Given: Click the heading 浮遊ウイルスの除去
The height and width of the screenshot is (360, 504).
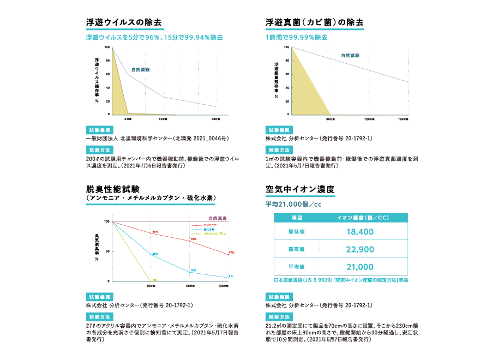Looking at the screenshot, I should [x=124, y=22].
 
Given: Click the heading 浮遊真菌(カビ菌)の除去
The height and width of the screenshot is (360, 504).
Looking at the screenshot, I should [x=314, y=22].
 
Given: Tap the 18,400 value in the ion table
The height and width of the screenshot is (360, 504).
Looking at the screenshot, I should [x=359, y=232].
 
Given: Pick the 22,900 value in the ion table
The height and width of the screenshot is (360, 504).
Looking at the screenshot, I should [x=359, y=249].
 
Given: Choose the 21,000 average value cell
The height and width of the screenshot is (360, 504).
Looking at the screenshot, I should [x=359, y=267].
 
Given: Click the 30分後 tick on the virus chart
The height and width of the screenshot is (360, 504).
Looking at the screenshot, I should [x=216, y=118].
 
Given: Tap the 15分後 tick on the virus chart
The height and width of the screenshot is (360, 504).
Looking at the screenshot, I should [x=163, y=118].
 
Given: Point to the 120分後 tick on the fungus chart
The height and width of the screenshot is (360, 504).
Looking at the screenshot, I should [x=369, y=118].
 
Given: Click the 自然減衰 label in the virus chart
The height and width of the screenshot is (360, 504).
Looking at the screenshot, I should [x=141, y=70].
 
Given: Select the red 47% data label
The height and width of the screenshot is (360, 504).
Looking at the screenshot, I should [x=231, y=253].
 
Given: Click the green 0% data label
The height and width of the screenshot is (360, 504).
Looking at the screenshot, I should [x=155, y=280].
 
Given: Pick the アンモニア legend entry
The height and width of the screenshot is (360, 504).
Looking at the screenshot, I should [x=210, y=225].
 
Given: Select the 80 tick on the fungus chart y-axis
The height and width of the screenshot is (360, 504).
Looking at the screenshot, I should [x=287, y=61].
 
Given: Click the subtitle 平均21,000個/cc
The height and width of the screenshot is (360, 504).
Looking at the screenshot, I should [x=294, y=205].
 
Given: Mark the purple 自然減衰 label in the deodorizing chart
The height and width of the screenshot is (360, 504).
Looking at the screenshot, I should [x=218, y=218].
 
